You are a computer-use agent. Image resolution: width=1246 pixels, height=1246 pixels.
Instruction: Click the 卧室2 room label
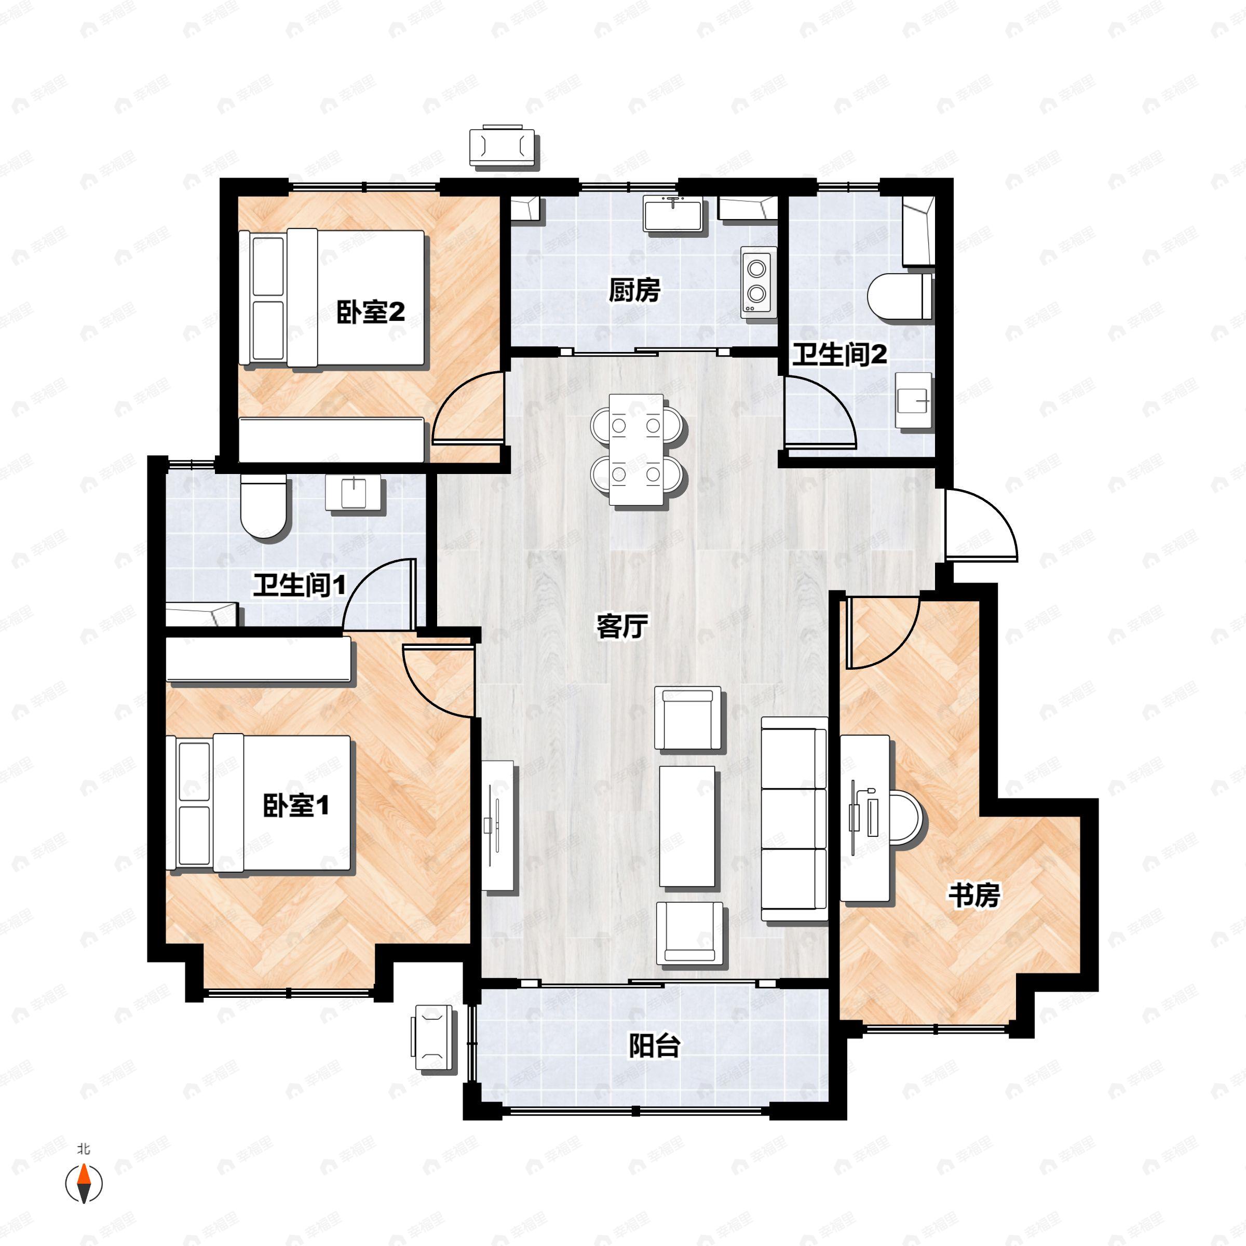(x=371, y=313)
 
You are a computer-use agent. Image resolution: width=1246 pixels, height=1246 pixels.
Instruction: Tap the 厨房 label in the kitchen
(x=634, y=291)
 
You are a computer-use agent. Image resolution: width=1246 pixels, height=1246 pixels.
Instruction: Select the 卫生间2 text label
(x=839, y=355)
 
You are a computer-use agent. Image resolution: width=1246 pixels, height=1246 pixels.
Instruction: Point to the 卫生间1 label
(x=299, y=586)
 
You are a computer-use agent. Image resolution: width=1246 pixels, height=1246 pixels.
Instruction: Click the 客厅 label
(x=622, y=626)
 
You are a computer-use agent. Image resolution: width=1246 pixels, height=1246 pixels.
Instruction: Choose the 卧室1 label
(x=296, y=806)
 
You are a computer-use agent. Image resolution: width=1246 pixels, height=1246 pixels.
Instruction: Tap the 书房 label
(x=974, y=895)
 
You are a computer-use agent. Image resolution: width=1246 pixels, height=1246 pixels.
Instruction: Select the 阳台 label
(x=655, y=1046)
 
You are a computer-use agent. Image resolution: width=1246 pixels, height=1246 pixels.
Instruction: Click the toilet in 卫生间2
(x=900, y=296)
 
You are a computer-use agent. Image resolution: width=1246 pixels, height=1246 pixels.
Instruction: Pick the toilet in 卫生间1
(x=264, y=506)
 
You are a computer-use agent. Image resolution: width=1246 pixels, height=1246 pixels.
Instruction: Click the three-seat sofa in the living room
(x=794, y=818)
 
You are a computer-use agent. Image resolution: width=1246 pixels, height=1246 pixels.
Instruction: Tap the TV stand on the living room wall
(x=498, y=826)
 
